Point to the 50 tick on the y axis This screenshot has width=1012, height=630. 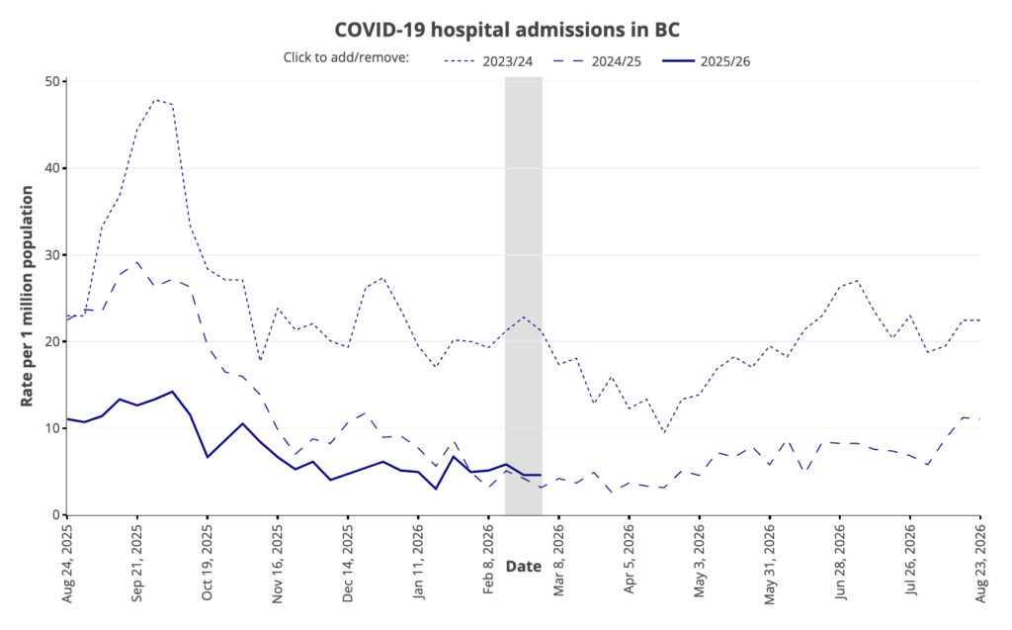(x=48, y=81)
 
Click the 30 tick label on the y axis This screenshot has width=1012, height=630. (x=48, y=255)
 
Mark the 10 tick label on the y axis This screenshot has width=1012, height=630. (x=48, y=428)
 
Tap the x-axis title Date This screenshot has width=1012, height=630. (x=524, y=566)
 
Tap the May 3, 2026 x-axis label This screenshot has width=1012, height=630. (x=699, y=559)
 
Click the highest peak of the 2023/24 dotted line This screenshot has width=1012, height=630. (x=155, y=100)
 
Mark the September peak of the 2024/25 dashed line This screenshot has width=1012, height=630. (x=137, y=262)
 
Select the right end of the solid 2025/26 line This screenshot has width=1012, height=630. (x=541, y=475)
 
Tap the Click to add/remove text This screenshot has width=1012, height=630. (x=347, y=58)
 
